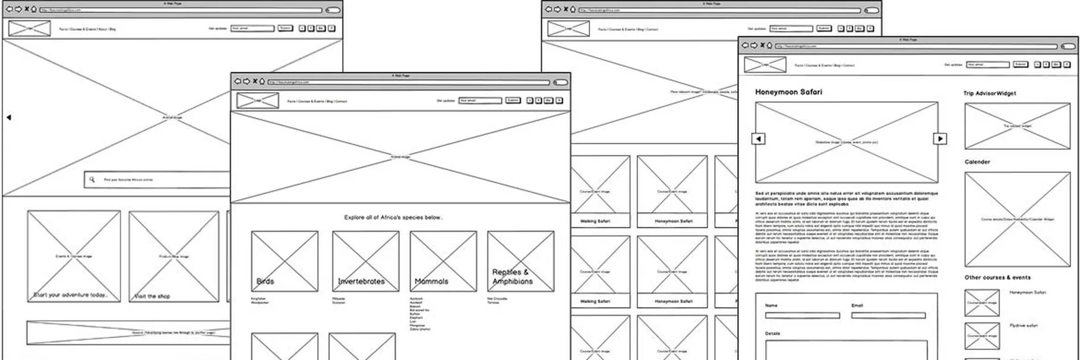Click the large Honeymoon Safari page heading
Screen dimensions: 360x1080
point(788,92)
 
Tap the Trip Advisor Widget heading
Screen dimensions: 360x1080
point(989,93)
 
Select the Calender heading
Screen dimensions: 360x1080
point(977,162)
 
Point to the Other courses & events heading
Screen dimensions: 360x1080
point(997,277)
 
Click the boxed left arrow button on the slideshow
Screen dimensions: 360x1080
point(759,138)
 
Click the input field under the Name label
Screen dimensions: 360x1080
point(802,315)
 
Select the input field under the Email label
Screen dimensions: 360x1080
point(888,315)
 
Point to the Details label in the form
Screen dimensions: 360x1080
point(772,333)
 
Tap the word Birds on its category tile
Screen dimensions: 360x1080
point(265,281)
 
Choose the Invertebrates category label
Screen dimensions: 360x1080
point(361,281)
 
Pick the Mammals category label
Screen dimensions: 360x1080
point(431,281)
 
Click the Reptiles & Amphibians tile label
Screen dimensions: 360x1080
point(511,276)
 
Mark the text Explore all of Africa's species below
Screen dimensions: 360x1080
point(393,217)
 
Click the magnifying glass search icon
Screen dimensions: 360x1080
point(92,179)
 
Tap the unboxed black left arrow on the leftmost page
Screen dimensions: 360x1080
point(9,118)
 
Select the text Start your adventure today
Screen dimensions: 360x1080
point(70,295)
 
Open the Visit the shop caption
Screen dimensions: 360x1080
point(152,296)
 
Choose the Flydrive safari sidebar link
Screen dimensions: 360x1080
point(1023,326)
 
